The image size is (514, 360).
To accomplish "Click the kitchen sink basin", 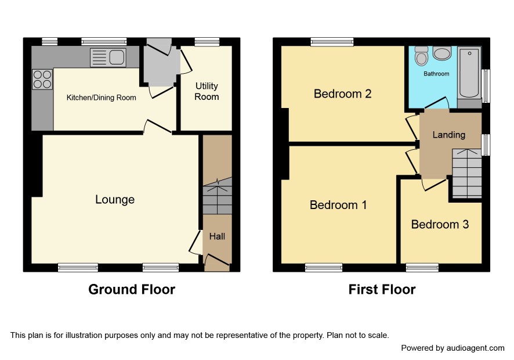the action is pyautogui.click(x=117, y=57).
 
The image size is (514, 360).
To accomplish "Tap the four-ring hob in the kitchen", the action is pyautogui.click(x=42, y=80).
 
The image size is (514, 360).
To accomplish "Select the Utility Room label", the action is pyautogui.click(x=207, y=91).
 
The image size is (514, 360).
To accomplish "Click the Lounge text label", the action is pyautogui.click(x=115, y=200).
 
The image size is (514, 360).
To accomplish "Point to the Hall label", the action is pyautogui.click(x=217, y=236).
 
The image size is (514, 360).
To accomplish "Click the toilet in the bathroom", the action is pyautogui.click(x=421, y=56).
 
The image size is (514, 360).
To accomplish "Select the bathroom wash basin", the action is pyautogui.click(x=442, y=53).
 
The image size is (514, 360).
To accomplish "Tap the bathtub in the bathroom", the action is pyautogui.click(x=469, y=73).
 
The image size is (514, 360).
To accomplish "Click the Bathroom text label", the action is pyautogui.click(x=436, y=74).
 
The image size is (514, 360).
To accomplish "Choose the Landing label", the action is pyautogui.click(x=449, y=135).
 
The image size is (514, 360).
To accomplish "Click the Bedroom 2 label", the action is pyautogui.click(x=342, y=94).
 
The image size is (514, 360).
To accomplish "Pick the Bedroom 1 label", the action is pyautogui.click(x=338, y=205).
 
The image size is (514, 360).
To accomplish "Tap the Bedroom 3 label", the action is pyautogui.click(x=440, y=225).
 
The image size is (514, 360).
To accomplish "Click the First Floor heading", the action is pyautogui.click(x=382, y=289).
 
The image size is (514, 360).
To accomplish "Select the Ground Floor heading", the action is pyautogui.click(x=132, y=289).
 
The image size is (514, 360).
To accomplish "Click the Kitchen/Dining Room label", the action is pyautogui.click(x=102, y=98).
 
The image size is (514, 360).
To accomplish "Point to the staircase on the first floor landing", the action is pyautogui.click(x=466, y=173).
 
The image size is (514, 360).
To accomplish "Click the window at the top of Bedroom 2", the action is pyautogui.click(x=332, y=42).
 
